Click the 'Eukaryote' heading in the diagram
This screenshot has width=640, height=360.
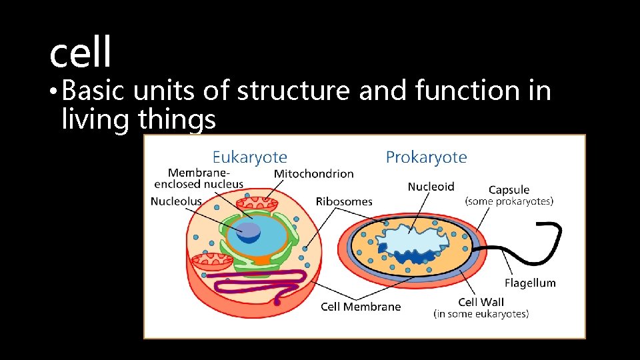(x=249, y=157)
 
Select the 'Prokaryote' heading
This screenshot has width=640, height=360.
(x=426, y=157)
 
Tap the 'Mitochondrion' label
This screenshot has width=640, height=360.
(x=313, y=173)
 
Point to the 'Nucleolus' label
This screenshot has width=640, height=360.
(x=176, y=201)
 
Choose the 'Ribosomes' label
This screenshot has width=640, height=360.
(x=344, y=201)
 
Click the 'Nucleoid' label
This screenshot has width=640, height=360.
(x=431, y=187)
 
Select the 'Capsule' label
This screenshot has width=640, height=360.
(x=509, y=190)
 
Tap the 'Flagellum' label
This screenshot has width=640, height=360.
(x=530, y=283)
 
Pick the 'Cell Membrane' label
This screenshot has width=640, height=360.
(x=361, y=307)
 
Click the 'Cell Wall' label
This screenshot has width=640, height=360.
(x=481, y=302)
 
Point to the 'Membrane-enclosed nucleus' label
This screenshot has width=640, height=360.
(x=199, y=178)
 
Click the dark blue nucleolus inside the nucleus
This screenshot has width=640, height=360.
(x=249, y=231)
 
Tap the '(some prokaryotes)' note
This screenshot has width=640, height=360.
(x=509, y=201)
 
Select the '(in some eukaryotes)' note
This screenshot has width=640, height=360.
(x=481, y=313)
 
